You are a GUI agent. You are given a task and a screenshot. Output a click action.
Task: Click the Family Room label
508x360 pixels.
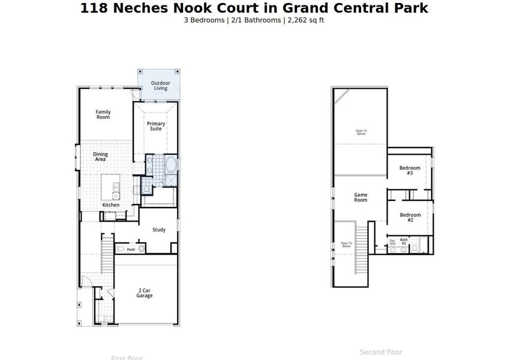103,114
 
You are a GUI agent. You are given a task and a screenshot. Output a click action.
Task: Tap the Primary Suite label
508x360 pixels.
156,126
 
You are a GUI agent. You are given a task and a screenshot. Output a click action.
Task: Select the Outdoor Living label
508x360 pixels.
160,86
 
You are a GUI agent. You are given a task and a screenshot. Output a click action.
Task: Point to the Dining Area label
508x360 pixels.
100,157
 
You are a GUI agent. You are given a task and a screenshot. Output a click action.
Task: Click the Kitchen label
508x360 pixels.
110,205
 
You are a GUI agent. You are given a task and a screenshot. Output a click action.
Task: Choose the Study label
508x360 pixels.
159,230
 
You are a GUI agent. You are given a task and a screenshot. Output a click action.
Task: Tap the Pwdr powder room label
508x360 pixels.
131,249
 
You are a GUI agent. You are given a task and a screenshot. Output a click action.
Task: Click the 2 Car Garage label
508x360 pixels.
144,293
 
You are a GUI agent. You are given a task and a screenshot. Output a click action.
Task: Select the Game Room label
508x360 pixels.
360,197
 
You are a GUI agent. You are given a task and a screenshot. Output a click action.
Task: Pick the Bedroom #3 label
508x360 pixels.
410,170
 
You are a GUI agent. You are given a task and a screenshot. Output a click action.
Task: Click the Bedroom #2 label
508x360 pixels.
410,217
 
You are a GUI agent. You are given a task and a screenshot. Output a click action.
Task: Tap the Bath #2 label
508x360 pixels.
404,241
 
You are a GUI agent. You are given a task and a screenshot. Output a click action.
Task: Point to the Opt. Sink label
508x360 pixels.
392,242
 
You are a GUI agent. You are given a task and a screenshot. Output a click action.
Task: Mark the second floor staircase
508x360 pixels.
362,237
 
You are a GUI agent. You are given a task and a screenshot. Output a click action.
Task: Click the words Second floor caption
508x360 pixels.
381,352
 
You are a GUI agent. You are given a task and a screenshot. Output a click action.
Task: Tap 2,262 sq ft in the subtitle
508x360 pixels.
306,20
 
